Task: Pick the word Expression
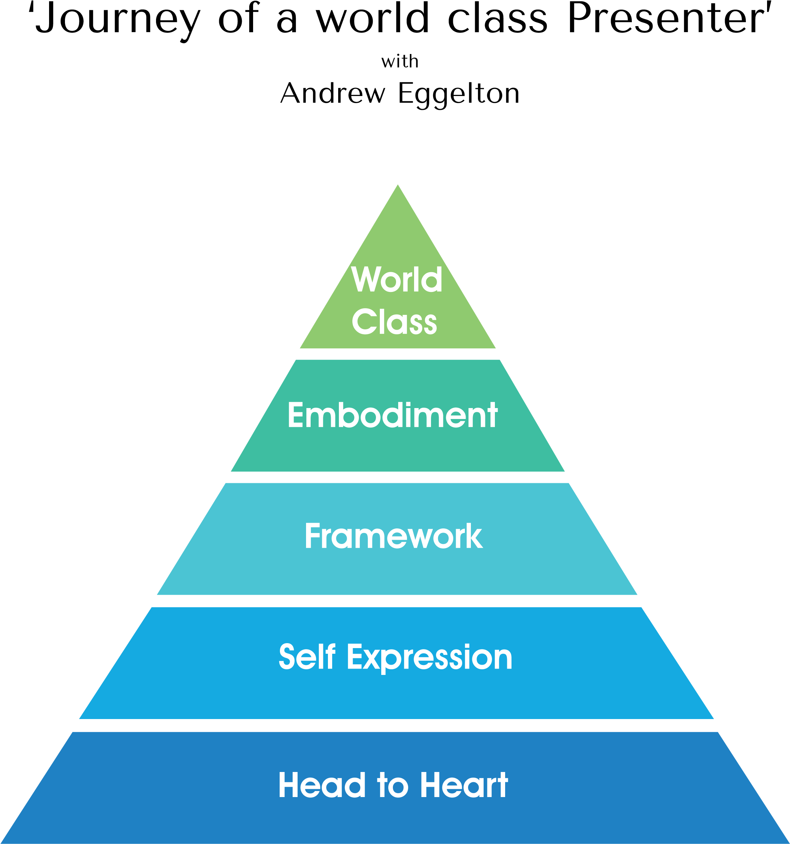pyautogui.click(x=430, y=658)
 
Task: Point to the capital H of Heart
pyautogui.click(x=432, y=785)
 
